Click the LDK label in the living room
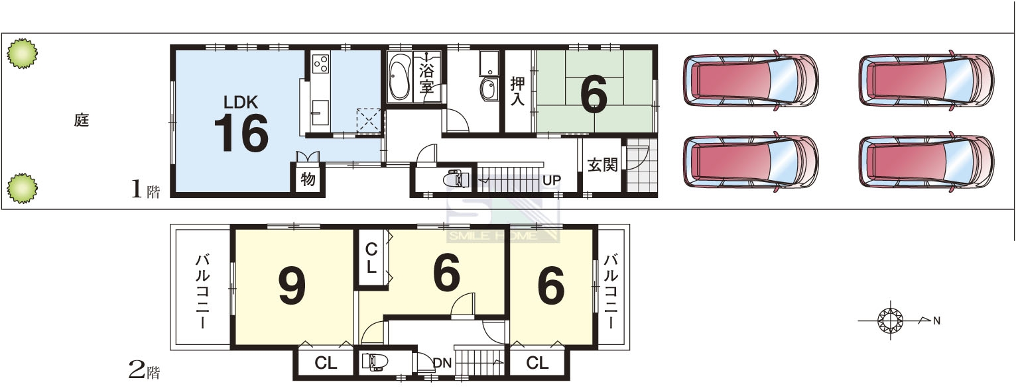pyautogui.click(x=240, y=102)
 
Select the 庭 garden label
pyautogui.click(x=82, y=120)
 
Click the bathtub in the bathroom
pyautogui.click(x=400, y=76)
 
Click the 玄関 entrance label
pyautogui.click(x=603, y=165)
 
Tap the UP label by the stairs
pyautogui.click(x=552, y=180)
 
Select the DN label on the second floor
pyautogui.click(x=442, y=363)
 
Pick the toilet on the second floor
pyautogui.click(x=375, y=363)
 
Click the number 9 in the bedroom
pyautogui.click(x=292, y=285)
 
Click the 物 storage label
pyautogui.click(x=308, y=179)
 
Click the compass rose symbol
pyautogui.click(x=891, y=320)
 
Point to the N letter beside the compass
pyautogui.click(x=936, y=321)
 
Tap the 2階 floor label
pyautogui.click(x=145, y=371)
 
